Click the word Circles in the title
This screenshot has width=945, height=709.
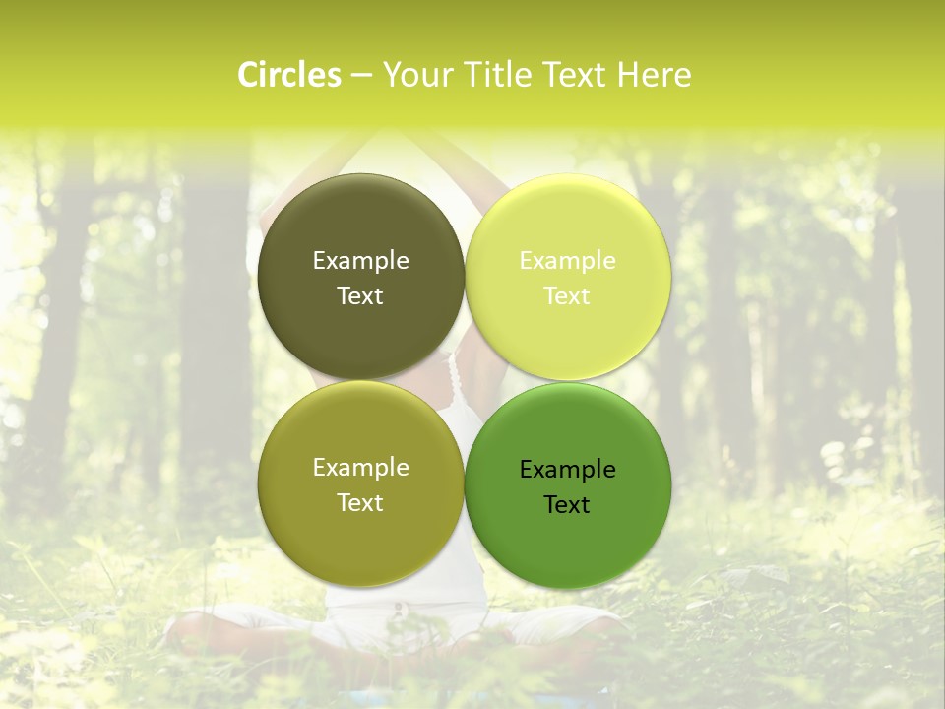[289, 75]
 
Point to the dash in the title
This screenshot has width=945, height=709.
[361, 76]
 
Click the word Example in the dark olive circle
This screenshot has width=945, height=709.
[360, 261]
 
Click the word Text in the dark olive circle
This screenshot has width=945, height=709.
[360, 296]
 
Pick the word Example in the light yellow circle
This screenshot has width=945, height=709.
[567, 261]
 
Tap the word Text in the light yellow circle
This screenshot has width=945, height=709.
[567, 296]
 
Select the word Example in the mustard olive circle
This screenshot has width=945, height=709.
[360, 468]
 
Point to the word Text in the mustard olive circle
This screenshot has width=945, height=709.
[360, 503]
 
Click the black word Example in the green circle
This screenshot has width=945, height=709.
[567, 470]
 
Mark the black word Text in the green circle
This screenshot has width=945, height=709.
[567, 505]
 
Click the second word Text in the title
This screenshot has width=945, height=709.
[576, 75]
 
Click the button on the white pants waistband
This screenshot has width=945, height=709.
[397, 608]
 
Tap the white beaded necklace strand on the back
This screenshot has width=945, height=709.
[455, 380]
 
